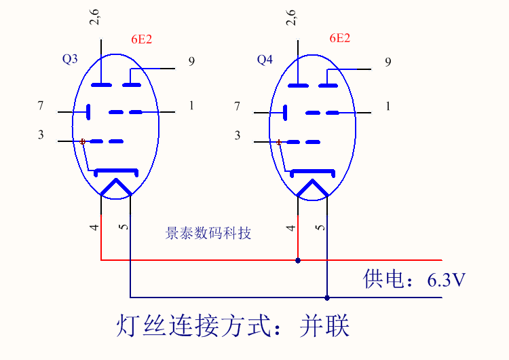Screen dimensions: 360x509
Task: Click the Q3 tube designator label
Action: (70, 60)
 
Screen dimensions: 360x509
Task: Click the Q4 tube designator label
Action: (265, 60)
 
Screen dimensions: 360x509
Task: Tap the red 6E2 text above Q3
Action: (141, 39)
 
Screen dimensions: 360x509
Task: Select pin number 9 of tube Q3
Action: (191, 62)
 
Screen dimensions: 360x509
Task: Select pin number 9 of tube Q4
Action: (388, 62)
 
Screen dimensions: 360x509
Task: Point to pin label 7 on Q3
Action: (41, 106)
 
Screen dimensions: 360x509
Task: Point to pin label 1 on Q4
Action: (388, 106)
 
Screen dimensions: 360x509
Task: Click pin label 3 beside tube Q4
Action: (238, 136)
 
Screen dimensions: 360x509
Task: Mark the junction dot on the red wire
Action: (297, 260)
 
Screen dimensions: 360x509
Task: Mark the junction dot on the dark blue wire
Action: (327, 298)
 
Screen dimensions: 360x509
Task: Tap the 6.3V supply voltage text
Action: (446, 279)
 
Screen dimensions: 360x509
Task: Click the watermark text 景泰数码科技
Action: (208, 233)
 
